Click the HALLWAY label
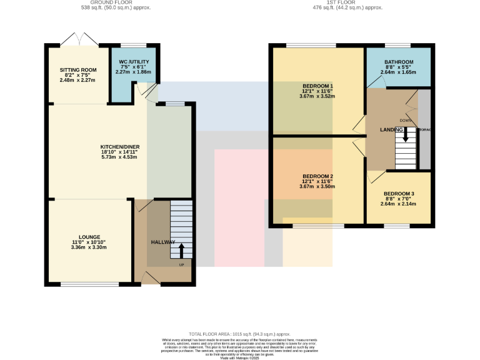tap(163, 242)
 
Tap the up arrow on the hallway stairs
tap(182, 250)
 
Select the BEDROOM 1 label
tap(317, 86)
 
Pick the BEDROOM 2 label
tap(317, 176)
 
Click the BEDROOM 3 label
tap(399, 194)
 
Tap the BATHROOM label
tap(399, 62)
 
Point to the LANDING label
tap(391, 129)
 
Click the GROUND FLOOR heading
tap(121, 2)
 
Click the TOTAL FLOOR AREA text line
tap(240, 334)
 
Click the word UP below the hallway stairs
tap(182, 264)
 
